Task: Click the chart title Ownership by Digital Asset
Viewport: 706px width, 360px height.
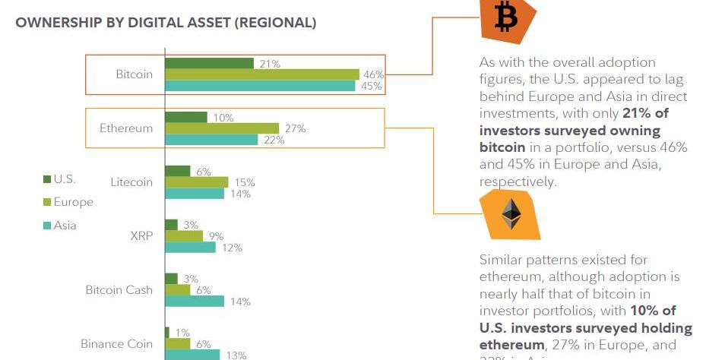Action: (x=166, y=23)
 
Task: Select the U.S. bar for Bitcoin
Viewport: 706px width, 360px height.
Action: (x=209, y=63)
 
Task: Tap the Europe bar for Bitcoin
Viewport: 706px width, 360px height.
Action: (x=261, y=74)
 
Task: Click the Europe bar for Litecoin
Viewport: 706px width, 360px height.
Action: (x=196, y=182)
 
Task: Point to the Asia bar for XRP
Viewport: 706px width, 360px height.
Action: (x=190, y=247)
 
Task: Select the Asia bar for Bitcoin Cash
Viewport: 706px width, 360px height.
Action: (x=194, y=301)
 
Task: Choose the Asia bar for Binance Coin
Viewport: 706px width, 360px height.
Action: (x=192, y=355)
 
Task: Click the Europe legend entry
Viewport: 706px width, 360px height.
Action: (x=73, y=202)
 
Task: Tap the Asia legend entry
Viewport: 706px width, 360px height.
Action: (x=65, y=225)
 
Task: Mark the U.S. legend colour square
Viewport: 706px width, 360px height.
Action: (x=46, y=179)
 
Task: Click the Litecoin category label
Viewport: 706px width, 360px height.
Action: (x=131, y=182)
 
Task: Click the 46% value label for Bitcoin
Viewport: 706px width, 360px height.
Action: (x=373, y=74)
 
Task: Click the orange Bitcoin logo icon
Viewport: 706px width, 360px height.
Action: (x=505, y=18)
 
